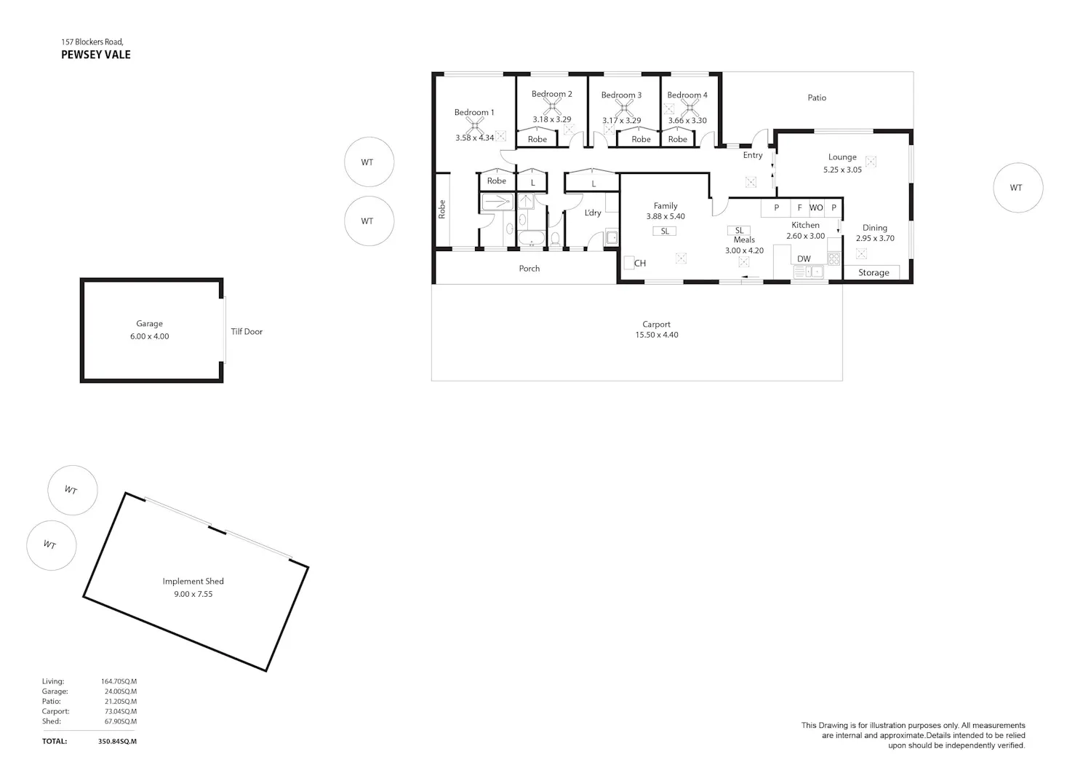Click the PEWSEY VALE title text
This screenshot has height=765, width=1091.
click(96, 55)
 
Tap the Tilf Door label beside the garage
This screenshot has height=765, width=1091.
click(247, 332)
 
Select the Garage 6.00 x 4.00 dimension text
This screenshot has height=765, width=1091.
click(150, 336)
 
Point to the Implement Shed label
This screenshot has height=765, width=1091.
click(193, 581)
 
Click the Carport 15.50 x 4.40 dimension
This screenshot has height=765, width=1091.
click(657, 335)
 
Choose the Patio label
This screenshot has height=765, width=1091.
click(817, 98)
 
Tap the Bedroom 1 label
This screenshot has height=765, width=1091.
click(474, 112)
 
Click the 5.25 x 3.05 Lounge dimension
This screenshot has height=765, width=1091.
click(842, 170)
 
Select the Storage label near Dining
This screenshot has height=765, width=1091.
click(874, 272)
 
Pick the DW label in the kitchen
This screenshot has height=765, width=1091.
click(804, 259)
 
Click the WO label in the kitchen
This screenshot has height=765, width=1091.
click(816, 207)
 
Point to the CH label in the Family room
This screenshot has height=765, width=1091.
click(640, 263)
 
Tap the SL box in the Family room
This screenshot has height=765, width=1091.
click(665, 231)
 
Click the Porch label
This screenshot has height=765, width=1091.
click(529, 268)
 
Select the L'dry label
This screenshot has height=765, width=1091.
click(593, 213)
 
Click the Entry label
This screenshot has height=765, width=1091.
click(753, 155)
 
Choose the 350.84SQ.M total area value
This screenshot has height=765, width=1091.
click(117, 741)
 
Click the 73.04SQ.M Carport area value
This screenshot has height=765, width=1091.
click(121, 711)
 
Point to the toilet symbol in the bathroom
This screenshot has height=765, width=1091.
click(555, 239)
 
